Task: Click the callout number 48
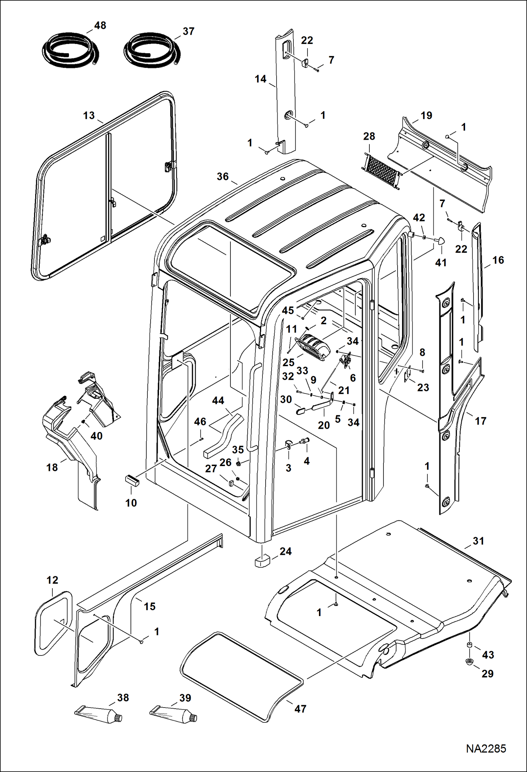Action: pyautogui.click(x=100, y=25)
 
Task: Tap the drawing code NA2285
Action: pyautogui.click(x=486, y=749)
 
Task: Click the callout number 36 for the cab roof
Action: pyautogui.click(x=223, y=176)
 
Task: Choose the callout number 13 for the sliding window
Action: pyautogui.click(x=89, y=115)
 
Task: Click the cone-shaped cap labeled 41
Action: pyautogui.click(x=440, y=241)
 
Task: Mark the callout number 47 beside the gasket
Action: pyautogui.click(x=300, y=709)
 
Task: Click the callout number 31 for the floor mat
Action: pyautogui.click(x=478, y=541)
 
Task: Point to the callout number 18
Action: pyautogui.click(x=52, y=467)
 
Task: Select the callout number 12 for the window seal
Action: pyautogui.click(x=52, y=580)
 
